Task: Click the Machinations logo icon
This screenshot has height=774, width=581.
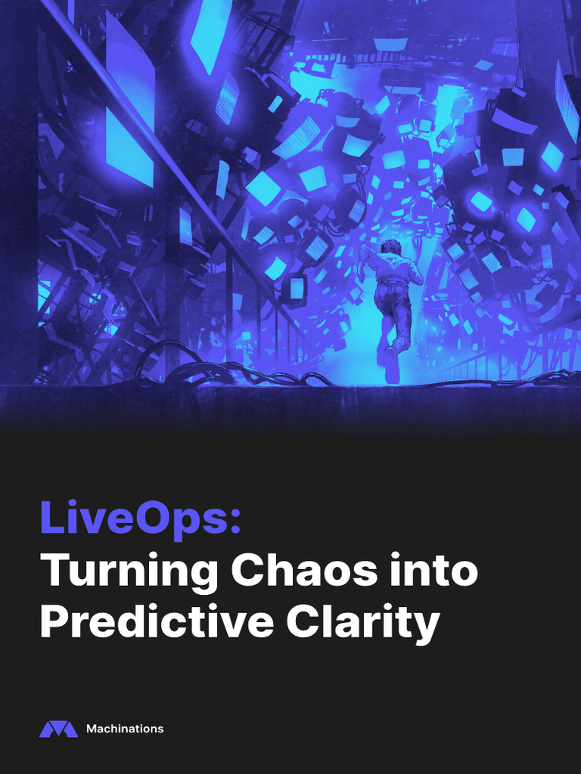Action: coord(58,729)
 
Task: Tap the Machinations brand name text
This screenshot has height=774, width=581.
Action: coord(125,729)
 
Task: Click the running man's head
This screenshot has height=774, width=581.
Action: coord(390,247)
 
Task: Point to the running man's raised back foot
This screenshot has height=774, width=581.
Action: coord(392,370)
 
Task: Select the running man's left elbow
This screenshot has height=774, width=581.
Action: coord(361,277)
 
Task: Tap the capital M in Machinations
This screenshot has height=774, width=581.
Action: coord(91,729)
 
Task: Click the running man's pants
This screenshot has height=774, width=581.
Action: coord(393,306)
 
